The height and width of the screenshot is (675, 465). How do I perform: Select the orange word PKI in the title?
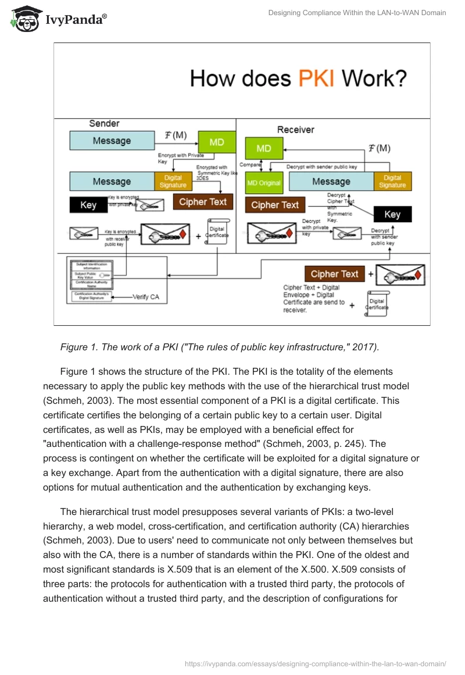coord(316,78)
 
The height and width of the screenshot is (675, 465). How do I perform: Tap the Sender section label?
coord(104,123)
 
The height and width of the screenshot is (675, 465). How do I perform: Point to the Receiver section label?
coord(295,130)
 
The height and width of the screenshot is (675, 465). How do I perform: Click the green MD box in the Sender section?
coord(217,143)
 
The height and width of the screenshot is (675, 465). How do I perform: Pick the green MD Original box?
coord(263,182)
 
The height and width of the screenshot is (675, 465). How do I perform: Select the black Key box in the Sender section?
coord(88,205)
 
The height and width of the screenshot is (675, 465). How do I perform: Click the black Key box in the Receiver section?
coord(392,214)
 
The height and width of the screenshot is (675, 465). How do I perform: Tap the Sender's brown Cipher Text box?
coord(203,202)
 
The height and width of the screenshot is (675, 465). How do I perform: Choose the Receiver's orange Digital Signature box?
coord(392,181)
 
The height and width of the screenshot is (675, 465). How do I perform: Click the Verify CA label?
coord(146,297)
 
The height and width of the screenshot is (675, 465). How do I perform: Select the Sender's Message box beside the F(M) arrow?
coord(112,141)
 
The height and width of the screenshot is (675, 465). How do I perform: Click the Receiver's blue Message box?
coord(331,181)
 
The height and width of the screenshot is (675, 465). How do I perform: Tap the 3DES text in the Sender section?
coord(202,179)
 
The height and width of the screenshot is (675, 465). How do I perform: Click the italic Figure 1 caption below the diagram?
coord(219,347)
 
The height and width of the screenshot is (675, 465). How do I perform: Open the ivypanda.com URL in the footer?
coord(315,663)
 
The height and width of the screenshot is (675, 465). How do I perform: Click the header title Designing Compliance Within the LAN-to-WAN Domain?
coord(357,13)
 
